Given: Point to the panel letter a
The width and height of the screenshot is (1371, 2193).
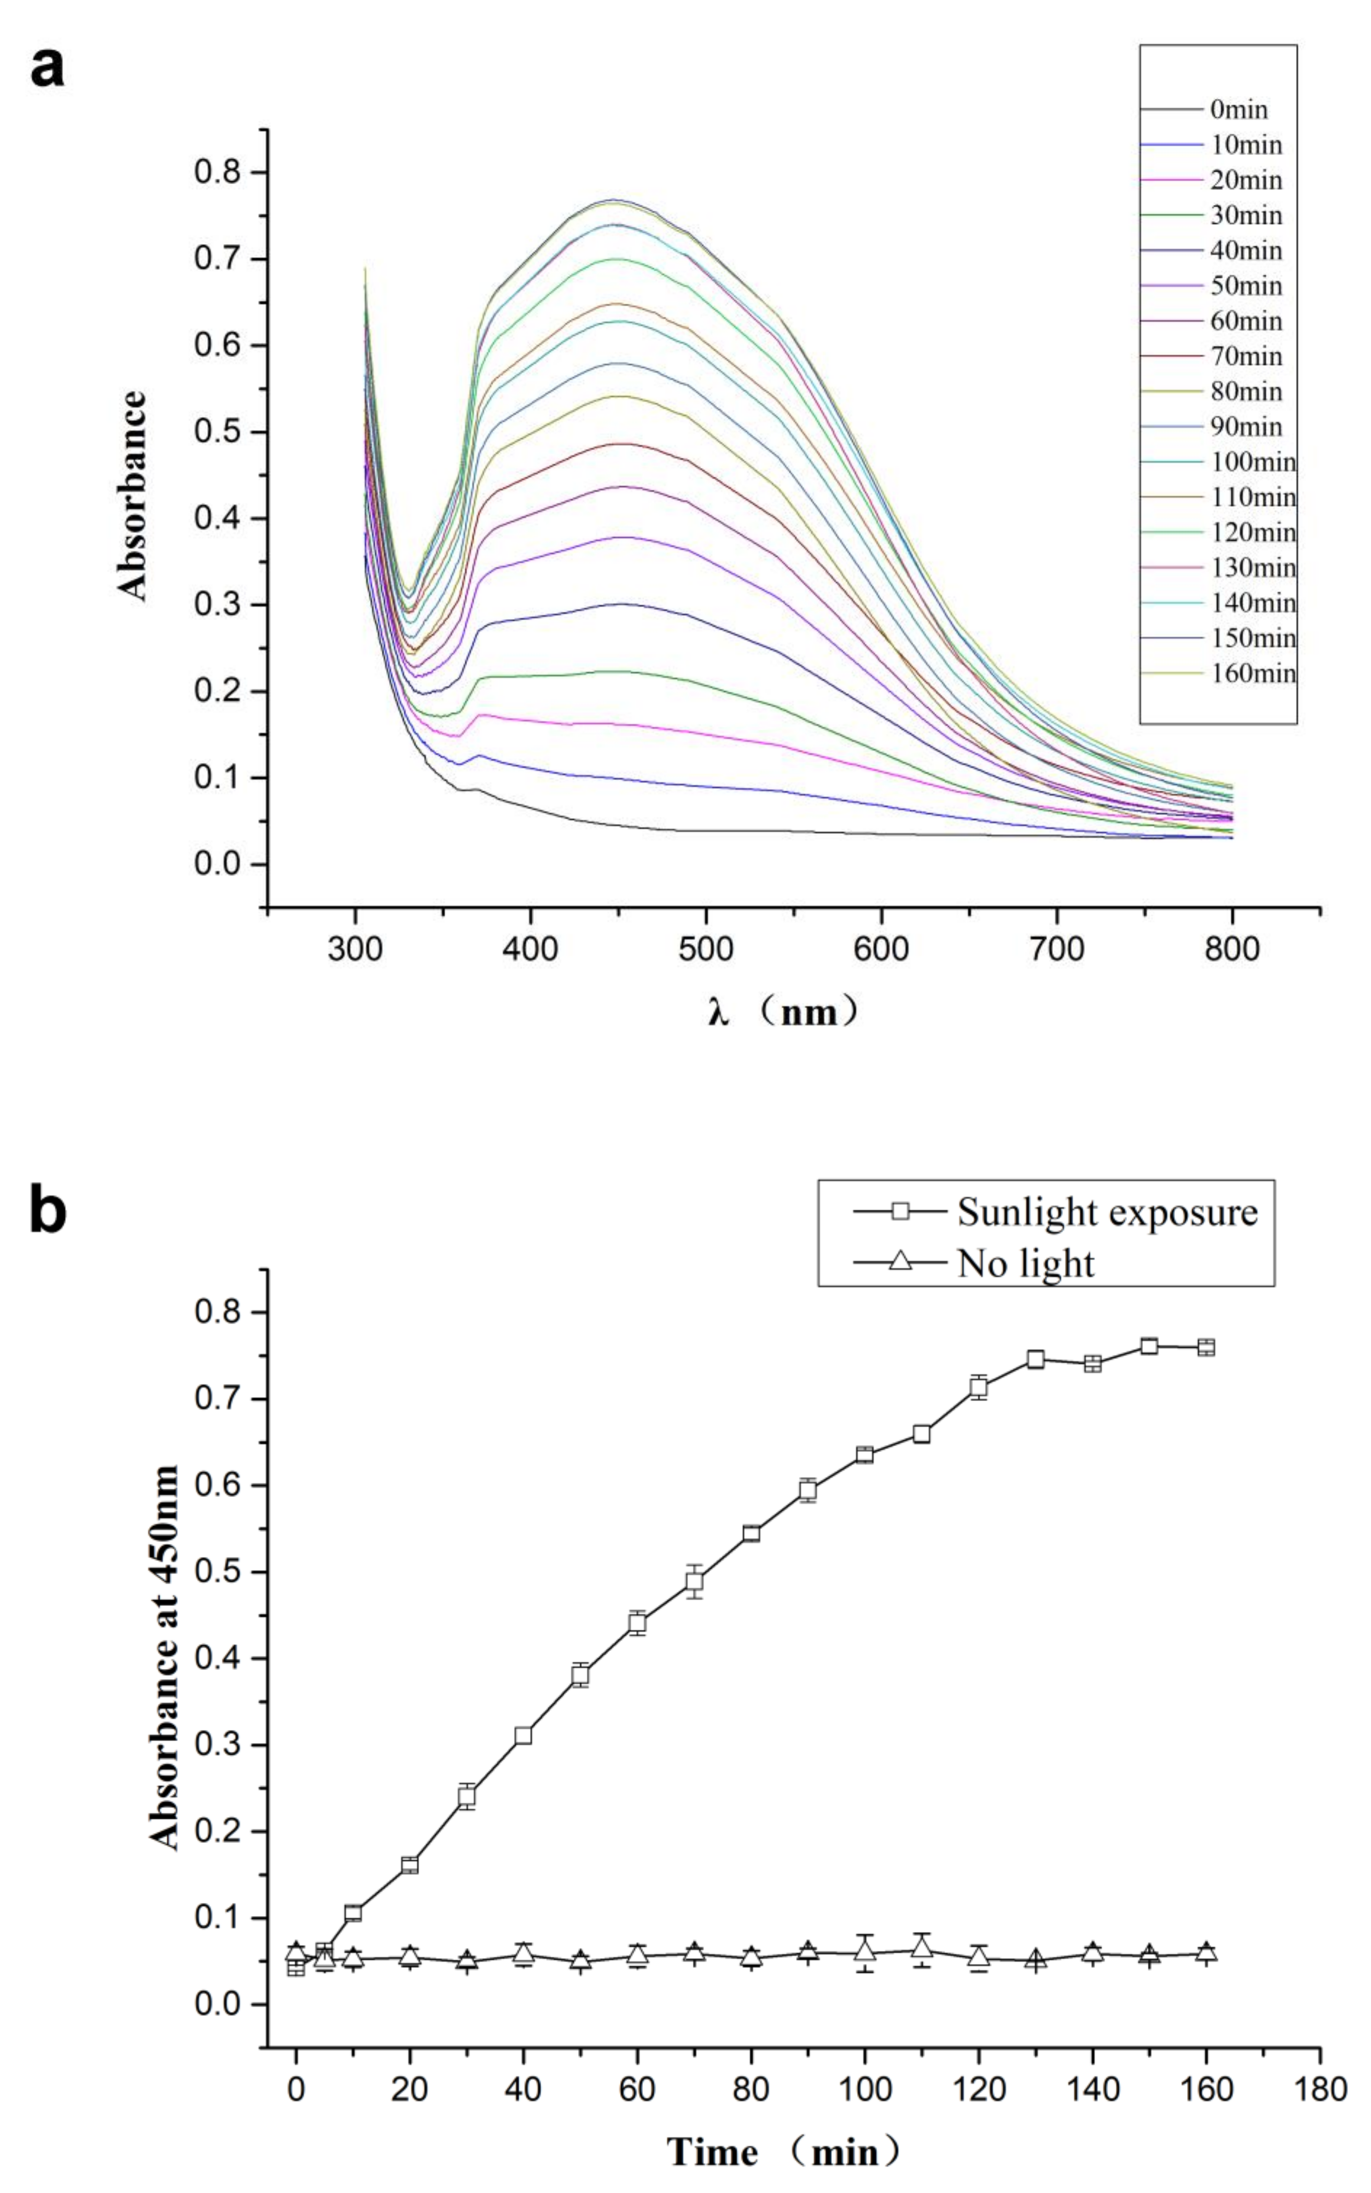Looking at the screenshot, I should pyautogui.click(x=47, y=67).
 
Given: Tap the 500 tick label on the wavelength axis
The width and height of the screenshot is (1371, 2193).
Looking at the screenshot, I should pyautogui.click(x=705, y=950).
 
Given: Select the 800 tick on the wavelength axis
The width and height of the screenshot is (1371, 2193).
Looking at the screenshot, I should pyautogui.click(x=1232, y=950).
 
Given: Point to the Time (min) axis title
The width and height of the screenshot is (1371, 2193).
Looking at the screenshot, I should pyautogui.click(x=784, y=2151).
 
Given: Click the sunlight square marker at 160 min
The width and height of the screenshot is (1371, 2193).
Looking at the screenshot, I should pyautogui.click(x=1206, y=1347).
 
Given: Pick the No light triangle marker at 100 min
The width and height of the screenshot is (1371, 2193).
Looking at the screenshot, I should pyautogui.click(x=865, y=1953).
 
